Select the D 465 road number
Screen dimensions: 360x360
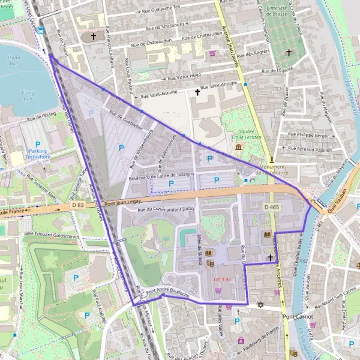(272, 207)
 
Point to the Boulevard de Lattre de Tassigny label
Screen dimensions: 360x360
(161, 174)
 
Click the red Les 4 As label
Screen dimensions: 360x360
(222, 280)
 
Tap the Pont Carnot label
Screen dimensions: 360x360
(298, 316)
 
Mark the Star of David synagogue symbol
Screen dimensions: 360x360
(260, 305)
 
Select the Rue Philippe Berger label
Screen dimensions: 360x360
(309, 136)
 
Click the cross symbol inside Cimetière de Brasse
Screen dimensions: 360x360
(288, 53)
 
